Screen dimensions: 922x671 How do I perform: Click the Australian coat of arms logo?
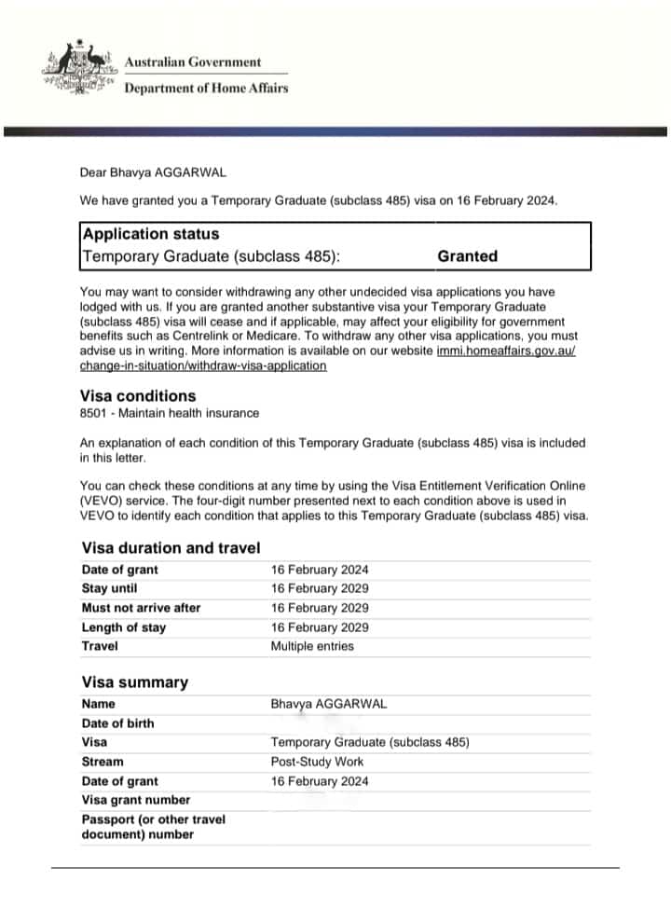78,68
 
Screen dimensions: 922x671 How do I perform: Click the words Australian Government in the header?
193,62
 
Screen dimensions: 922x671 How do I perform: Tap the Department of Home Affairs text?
206,89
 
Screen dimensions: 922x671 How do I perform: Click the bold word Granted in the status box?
467,256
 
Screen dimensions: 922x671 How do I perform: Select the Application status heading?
151,234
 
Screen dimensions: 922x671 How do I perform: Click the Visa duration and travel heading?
171,548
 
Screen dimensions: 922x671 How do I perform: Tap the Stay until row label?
109,588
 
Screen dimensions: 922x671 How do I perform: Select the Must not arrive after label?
141,608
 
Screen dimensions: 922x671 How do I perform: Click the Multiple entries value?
312,646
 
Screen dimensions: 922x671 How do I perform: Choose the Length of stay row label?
124,627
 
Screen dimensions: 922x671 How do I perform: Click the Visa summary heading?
134,682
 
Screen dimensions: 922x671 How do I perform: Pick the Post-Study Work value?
317,762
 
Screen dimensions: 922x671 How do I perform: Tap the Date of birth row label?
118,723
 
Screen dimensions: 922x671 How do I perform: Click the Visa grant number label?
136,800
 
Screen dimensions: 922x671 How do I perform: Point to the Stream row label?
103,762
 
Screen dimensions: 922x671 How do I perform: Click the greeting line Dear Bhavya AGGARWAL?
153,172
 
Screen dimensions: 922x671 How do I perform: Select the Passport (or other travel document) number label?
154,827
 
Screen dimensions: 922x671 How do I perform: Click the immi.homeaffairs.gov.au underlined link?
512,351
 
